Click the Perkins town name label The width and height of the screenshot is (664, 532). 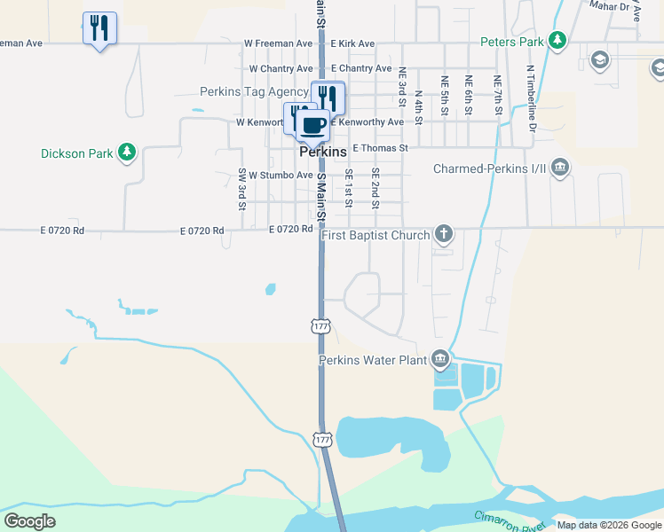pyautogui.click(x=322, y=153)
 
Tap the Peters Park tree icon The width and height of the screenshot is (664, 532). pyautogui.click(x=557, y=40)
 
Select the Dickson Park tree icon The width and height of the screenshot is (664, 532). pyautogui.click(x=127, y=153)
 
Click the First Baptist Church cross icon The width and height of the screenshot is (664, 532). pyautogui.click(x=444, y=235)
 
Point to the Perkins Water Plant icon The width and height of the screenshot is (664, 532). pyautogui.click(x=439, y=359)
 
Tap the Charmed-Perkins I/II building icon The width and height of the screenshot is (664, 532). pyautogui.click(x=559, y=168)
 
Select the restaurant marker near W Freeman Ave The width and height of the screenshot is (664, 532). pyautogui.click(x=99, y=28)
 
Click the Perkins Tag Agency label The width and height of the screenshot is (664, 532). pyautogui.click(x=254, y=91)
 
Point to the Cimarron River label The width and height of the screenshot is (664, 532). pyautogui.click(x=509, y=521)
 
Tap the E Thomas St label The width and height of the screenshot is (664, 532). pyautogui.click(x=380, y=148)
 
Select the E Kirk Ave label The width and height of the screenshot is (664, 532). pyautogui.click(x=352, y=43)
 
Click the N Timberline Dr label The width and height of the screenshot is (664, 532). pyautogui.click(x=533, y=98)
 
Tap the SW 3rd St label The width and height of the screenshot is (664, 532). pyautogui.click(x=241, y=190)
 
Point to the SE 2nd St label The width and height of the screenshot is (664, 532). pyautogui.click(x=375, y=188)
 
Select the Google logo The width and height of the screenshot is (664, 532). pyautogui.click(x=29, y=521)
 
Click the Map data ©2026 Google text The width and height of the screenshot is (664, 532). pyautogui.click(x=609, y=525)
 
